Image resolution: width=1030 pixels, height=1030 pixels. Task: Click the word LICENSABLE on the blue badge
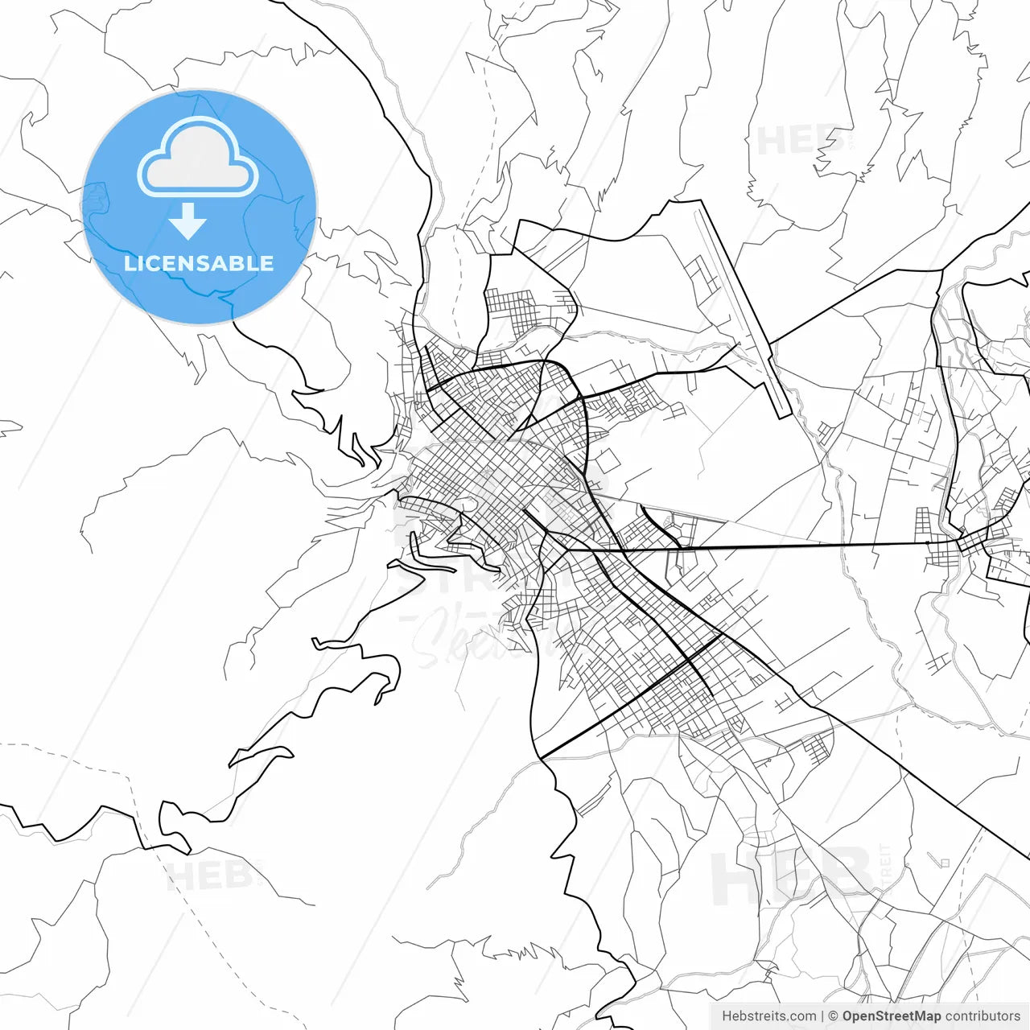pyautogui.click(x=199, y=263)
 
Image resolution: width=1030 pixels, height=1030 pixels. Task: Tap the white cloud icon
pyautogui.click(x=197, y=159)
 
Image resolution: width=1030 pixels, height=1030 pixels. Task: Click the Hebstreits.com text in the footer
pyautogui.click(x=768, y=1016)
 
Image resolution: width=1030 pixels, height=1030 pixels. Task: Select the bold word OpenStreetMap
pyautogui.click(x=891, y=1016)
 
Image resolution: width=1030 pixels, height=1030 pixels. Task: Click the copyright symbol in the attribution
pyautogui.click(x=834, y=1016)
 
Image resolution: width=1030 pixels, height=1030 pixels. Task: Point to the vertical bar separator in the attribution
pyautogui.click(x=822, y=1016)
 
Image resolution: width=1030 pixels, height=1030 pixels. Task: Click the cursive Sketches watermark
pyautogui.click(x=483, y=636)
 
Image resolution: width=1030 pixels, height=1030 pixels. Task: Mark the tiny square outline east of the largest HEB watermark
pyautogui.click(x=945, y=863)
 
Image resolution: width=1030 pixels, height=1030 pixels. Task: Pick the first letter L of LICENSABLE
pyautogui.click(x=129, y=263)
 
